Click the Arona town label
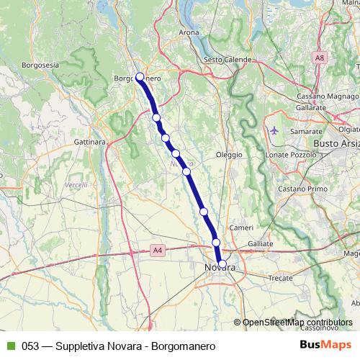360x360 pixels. coord(189,32)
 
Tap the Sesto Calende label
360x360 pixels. coord(228,59)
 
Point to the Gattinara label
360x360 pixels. coord(90,142)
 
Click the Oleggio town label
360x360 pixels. coord(229,155)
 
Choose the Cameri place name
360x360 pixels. coord(238,228)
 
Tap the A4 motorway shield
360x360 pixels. coord(158,251)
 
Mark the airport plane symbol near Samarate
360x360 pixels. coord(275,131)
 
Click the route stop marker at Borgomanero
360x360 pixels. coord(140,78)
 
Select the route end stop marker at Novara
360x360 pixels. coord(222,264)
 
